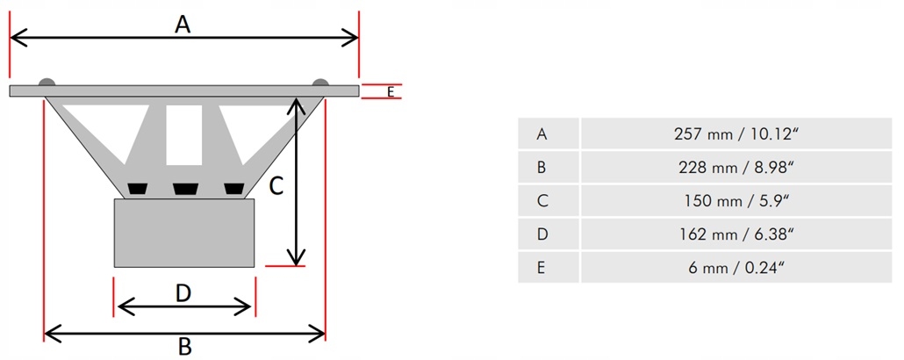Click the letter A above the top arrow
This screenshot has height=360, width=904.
pyautogui.click(x=183, y=24)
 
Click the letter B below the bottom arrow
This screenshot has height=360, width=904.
pyautogui.click(x=184, y=347)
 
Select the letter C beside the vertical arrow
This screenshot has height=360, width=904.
pyautogui.click(x=276, y=186)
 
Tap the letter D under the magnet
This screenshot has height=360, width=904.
pyautogui.click(x=183, y=292)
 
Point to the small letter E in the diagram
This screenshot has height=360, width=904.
pyautogui.click(x=391, y=90)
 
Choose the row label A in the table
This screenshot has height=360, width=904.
pyautogui.click(x=542, y=133)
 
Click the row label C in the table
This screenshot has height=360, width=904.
pyautogui.click(x=542, y=200)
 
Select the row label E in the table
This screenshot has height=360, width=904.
pyautogui.click(x=542, y=267)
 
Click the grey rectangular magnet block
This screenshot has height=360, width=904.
pyautogui.click(x=184, y=233)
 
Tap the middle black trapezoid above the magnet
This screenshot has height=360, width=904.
pyautogui.click(x=185, y=189)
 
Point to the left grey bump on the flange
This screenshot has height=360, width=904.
pyautogui.click(x=47, y=83)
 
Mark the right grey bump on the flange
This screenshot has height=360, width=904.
pyautogui.click(x=320, y=83)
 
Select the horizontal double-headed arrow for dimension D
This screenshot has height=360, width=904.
pyautogui.click(x=184, y=306)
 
